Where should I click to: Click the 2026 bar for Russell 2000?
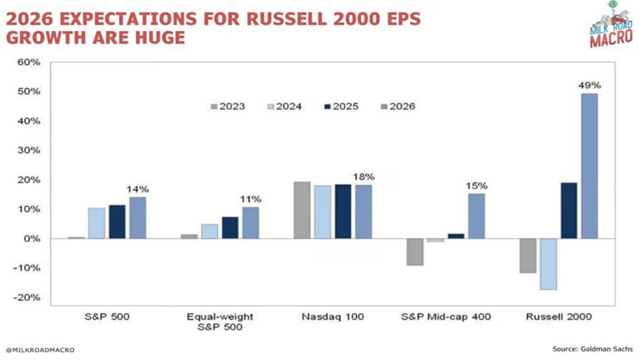589,166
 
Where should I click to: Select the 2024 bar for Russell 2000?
547,264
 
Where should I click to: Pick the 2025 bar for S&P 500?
117,222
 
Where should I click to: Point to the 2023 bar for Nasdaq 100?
302,210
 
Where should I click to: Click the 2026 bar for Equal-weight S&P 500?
250,222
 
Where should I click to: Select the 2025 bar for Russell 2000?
568,211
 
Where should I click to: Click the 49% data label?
589,85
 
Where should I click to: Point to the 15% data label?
477,186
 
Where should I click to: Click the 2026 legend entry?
396,106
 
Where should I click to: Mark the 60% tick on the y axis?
31,62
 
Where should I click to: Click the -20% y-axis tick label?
29,298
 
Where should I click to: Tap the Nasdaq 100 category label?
333,316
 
